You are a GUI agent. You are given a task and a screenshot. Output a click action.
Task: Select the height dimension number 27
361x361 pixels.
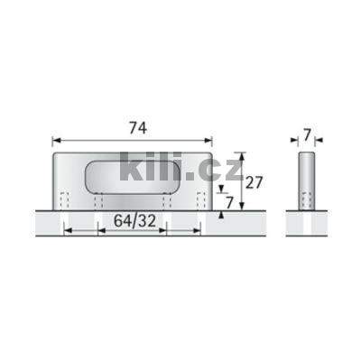click(256, 182)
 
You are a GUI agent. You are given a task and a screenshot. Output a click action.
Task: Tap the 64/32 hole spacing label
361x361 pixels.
click(132, 221)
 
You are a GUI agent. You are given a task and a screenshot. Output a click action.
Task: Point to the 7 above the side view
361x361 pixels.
click(308, 135)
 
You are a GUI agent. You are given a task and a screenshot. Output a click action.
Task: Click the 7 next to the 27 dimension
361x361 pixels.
click(232, 203)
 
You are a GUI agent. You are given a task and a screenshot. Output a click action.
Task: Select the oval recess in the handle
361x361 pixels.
click(133, 173)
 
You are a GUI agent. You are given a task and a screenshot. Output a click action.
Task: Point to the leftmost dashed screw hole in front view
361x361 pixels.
click(62, 200)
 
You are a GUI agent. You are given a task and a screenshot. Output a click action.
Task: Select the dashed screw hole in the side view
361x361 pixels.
click(307, 200)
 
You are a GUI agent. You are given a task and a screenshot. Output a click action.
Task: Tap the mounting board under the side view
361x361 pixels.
click(307, 223)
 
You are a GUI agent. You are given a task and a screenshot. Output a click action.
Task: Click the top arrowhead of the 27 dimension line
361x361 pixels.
click(241, 154)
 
